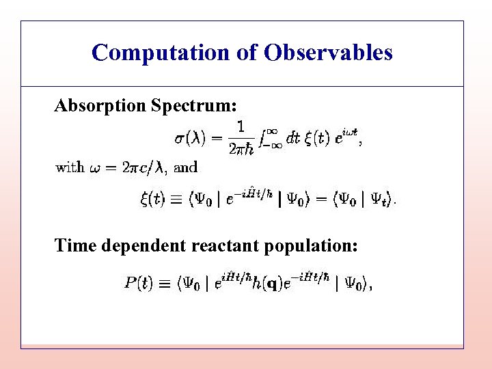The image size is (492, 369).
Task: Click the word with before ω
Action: tap(70, 167)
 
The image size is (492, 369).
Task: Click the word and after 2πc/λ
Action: tap(186, 167)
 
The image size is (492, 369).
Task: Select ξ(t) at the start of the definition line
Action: tap(152, 200)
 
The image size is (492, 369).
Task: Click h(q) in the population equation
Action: tap(267, 284)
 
